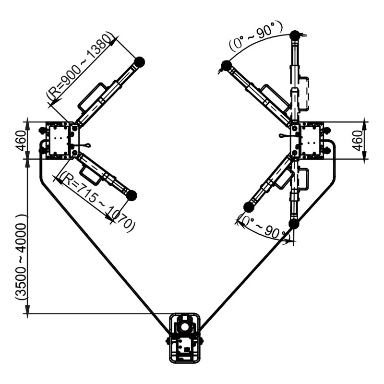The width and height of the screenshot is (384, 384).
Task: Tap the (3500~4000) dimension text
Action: (x=21, y=257)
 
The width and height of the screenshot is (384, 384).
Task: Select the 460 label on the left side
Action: (x=21, y=141)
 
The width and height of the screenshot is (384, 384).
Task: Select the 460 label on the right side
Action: (x=357, y=141)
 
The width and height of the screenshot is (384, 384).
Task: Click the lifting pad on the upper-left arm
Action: (x=139, y=62)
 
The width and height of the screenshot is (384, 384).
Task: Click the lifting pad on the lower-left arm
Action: (x=132, y=195)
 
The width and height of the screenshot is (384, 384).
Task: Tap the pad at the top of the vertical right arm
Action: (x=295, y=36)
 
